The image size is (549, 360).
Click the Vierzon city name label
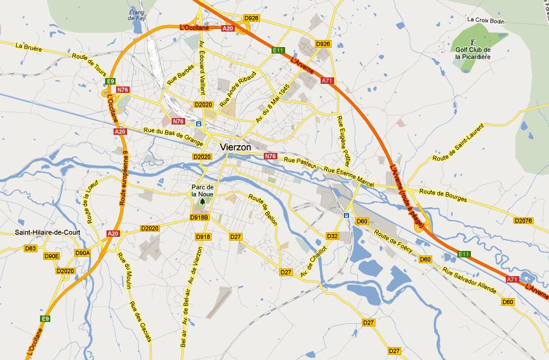(x=239, y=146)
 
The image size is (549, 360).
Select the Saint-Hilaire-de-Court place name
(x=48, y=233)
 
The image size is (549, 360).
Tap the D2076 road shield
(x=523, y=221)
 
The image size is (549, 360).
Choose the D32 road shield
(x=332, y=237)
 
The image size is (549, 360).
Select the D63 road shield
(x=30, y=248)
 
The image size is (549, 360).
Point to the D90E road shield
(x=52, y=256)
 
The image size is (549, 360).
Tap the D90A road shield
(x=83, y=253)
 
